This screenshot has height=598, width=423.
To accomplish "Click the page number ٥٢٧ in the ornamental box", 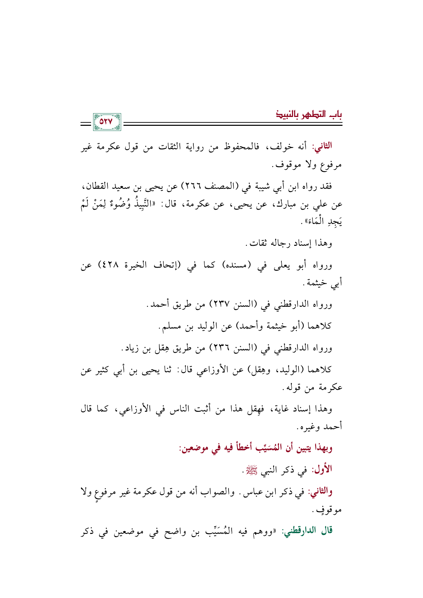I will click(x=106, y=122).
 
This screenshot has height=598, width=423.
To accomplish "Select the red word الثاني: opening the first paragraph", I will click(x=322, y=146).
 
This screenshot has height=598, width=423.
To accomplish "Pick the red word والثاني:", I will click(x=320, y=492).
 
